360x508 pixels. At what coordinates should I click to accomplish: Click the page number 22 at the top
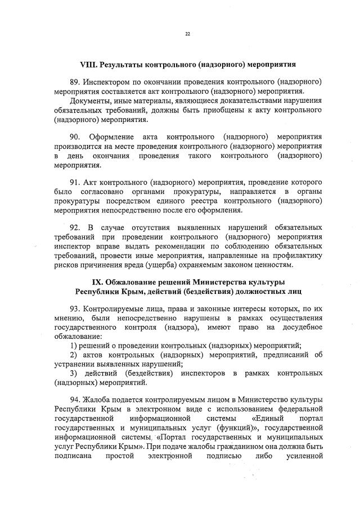tap(188, 34)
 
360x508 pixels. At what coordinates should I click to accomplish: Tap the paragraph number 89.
tap(75, 82)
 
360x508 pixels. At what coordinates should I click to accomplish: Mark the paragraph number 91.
tap(75, 183)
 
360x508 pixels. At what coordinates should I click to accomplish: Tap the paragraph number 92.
tap(76, 227)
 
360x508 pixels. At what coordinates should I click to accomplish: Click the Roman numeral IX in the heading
tap(97, 282)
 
